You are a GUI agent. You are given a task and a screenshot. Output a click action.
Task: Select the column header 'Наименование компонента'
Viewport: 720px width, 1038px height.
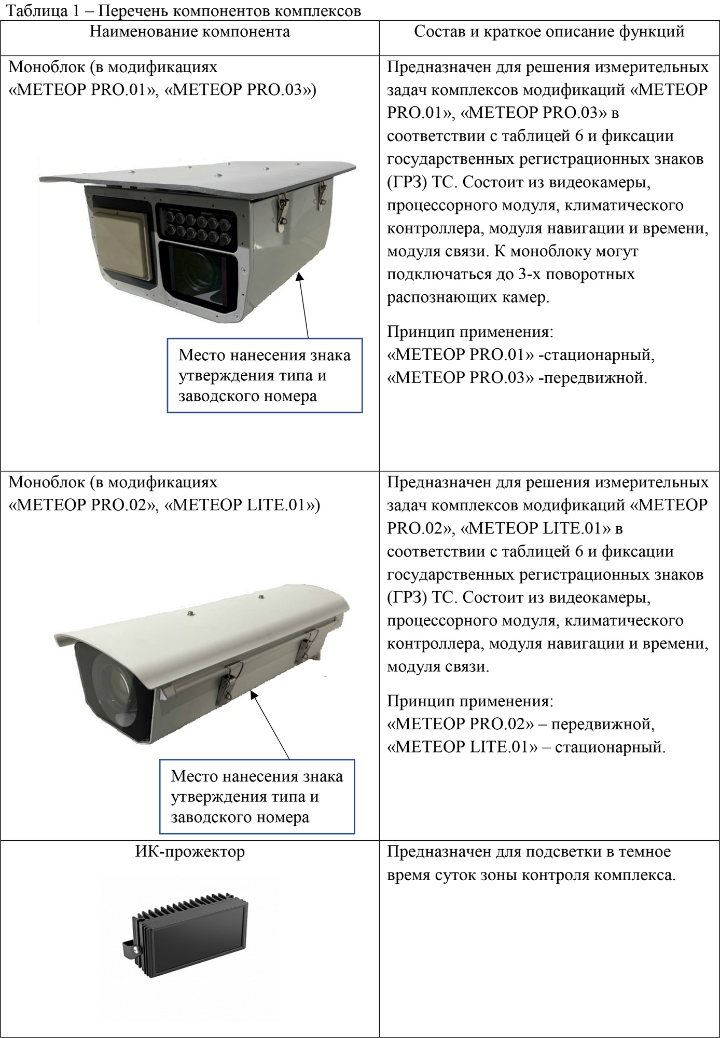tap(190, 32)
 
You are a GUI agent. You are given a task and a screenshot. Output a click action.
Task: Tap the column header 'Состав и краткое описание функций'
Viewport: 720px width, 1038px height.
tap(549, 32)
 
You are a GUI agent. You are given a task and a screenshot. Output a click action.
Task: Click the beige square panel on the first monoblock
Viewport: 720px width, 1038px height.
tap(122, 242)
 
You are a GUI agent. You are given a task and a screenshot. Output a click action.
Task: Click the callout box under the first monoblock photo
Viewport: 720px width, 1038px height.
tap(265, 375)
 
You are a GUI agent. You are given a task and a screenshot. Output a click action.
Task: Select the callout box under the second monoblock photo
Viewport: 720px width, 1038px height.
tap(257, 797)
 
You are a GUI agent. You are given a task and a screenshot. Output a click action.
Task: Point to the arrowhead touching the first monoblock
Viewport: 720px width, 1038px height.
tap(299, 278)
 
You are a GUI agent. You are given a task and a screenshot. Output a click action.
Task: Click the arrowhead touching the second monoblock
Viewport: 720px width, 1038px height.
tap(254, 695)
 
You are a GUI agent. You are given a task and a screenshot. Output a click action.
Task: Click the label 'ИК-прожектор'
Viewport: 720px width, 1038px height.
tap(190, 852)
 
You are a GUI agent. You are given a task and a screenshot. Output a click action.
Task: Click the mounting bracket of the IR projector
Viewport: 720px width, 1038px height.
tap(132, 949)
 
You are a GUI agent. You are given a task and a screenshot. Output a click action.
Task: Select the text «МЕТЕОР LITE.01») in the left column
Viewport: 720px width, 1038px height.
tap(242, 505)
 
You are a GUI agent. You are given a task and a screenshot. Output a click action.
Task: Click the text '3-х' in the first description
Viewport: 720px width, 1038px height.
tap(530, 274)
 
